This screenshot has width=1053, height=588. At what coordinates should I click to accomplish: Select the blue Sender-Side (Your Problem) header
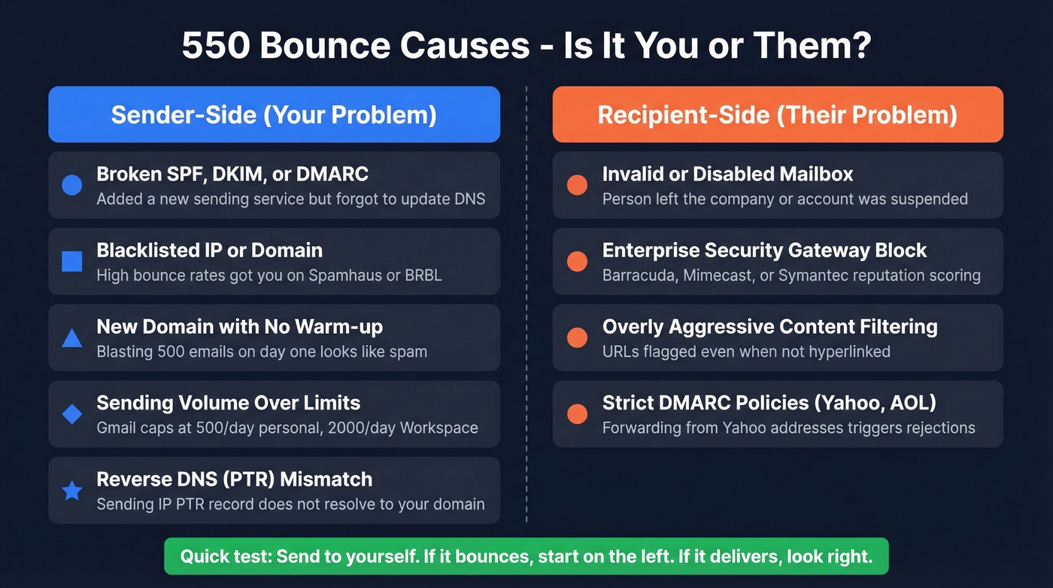pos(274,114)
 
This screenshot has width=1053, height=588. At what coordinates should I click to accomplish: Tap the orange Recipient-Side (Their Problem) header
pos(777,114)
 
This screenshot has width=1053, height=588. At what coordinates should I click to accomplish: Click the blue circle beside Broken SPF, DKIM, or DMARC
pos(71,185)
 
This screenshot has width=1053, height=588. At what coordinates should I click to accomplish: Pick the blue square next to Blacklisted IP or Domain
pos(71,261)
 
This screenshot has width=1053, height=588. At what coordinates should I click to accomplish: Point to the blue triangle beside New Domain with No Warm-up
pos(71,338)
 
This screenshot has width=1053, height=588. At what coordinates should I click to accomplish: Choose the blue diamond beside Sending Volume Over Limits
pos(71,414)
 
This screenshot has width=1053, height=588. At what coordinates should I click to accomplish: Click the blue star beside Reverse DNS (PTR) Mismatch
pos(71,491)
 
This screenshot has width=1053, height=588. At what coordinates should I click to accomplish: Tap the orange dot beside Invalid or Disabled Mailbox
pos(577,185)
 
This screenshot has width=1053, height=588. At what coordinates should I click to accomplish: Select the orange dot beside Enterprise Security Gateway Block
pos(577,261)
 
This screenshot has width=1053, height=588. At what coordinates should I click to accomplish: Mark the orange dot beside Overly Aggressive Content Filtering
pos(577,338)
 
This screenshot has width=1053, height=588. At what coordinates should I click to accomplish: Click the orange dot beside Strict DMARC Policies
pos(577,414)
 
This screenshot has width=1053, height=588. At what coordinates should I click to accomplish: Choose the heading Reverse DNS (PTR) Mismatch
pos(234,480)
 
